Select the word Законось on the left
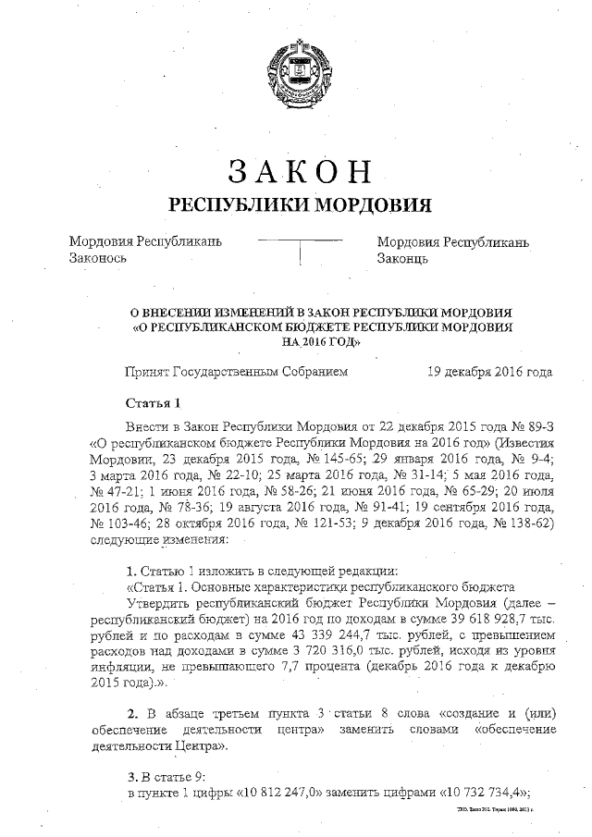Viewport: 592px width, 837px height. tap(97, 260)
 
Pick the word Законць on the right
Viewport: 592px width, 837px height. tap(401, 260)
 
